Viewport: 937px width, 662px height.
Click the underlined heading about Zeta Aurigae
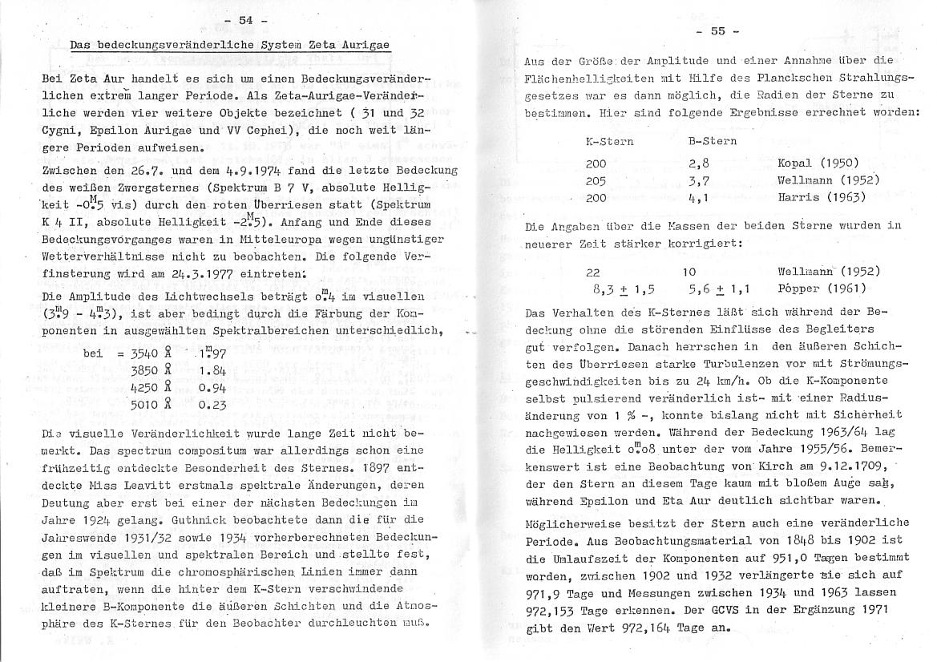click(x=230, y=46)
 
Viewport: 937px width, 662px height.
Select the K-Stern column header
click(x=609, y=141)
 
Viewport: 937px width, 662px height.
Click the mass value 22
click(x=593, y=272)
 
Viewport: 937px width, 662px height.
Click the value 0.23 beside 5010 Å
click(x=212, y=405)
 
